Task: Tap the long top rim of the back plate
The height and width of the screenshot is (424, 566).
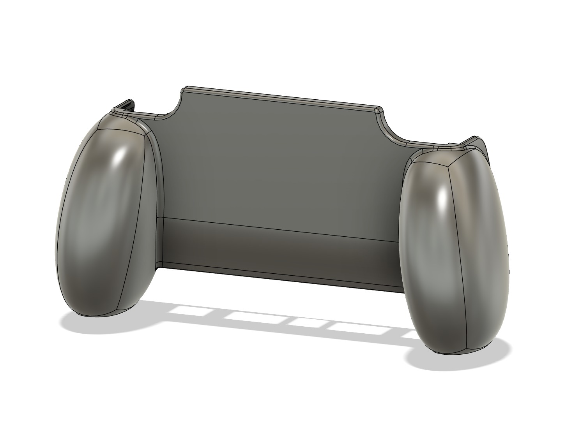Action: coord(281,98)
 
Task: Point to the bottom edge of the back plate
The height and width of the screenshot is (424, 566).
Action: coord(281,277)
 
